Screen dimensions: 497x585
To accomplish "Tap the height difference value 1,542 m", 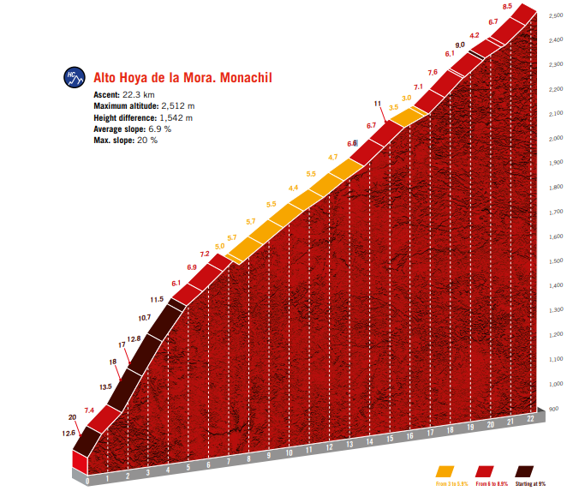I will pos(176,117).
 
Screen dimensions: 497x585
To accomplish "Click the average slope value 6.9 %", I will pos(156,129).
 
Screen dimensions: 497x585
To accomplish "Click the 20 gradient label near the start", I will pos(73,417).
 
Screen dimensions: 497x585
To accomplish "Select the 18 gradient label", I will pos(113,362).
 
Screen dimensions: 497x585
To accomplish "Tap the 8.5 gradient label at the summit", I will pos(508,7).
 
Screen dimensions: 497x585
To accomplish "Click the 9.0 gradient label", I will pos(460,45).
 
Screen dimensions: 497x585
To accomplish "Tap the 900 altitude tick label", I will pos(554,409).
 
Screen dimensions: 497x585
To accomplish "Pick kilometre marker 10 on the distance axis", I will pos(289,452).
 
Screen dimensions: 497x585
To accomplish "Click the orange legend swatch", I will pos(445,471).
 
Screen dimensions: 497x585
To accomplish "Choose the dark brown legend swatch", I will pos(523,471).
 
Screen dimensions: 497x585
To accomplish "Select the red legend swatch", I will pos(484,471).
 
